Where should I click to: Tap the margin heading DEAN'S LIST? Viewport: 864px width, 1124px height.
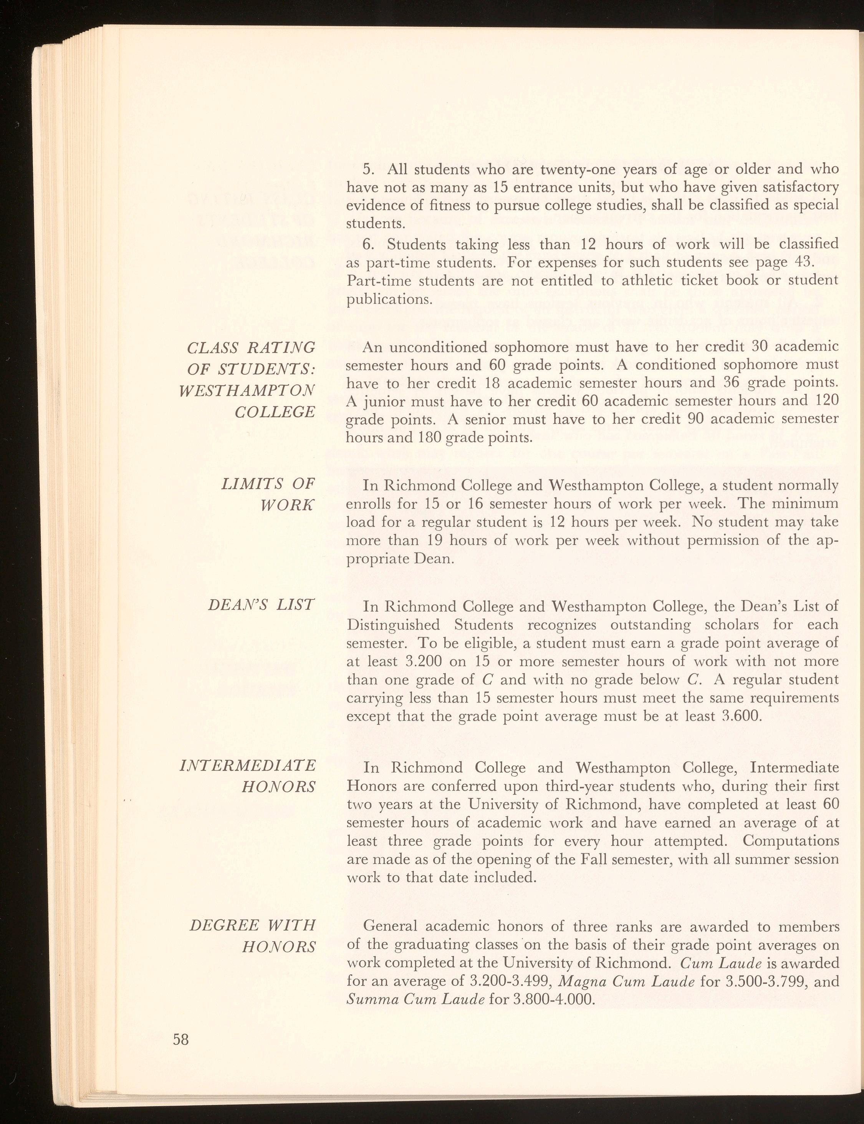pyautogui.click(x=261, y=605)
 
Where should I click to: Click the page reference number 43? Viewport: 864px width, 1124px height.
pyautogui.click(x=796, y=262)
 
